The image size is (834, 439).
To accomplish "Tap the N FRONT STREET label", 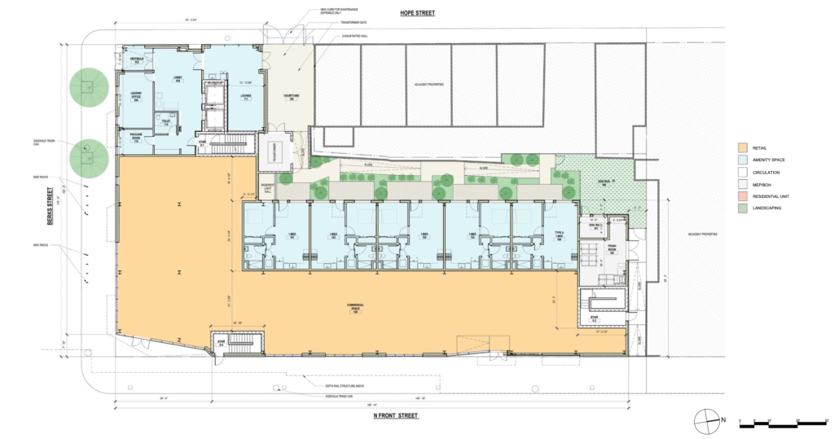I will pos(395,416).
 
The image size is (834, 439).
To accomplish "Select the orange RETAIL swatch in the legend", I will pos(743,147).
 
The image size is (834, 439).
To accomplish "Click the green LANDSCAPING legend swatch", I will pos(743,209).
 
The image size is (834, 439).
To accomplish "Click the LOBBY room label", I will pos(177,80).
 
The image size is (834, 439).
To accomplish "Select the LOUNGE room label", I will pos(245,98).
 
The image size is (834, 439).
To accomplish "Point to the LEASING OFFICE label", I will pos(137,99).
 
